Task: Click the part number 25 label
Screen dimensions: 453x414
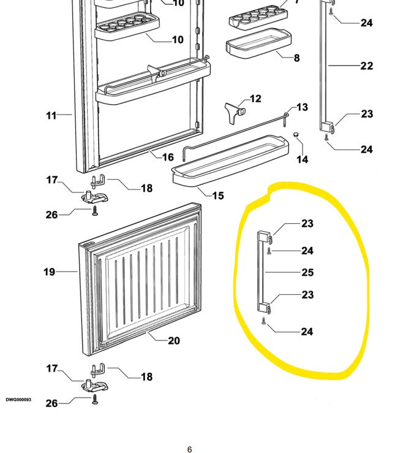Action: point(307,272)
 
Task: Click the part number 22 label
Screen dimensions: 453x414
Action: point(366,66)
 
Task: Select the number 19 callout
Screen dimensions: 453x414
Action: point(49,272)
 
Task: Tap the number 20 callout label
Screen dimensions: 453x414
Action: point(174,340)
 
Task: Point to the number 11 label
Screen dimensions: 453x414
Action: point(51,115)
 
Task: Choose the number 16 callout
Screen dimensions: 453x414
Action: point(168,157)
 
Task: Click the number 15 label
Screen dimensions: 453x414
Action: point(218,196)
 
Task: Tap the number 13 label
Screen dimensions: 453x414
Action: point(303,108)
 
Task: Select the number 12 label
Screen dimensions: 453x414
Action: point(255,99)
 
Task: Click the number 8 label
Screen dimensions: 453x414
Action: point(296,58)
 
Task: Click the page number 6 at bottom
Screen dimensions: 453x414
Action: point(190,449)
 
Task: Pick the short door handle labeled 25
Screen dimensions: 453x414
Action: point(262,273)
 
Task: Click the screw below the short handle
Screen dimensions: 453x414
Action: point(263,321)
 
